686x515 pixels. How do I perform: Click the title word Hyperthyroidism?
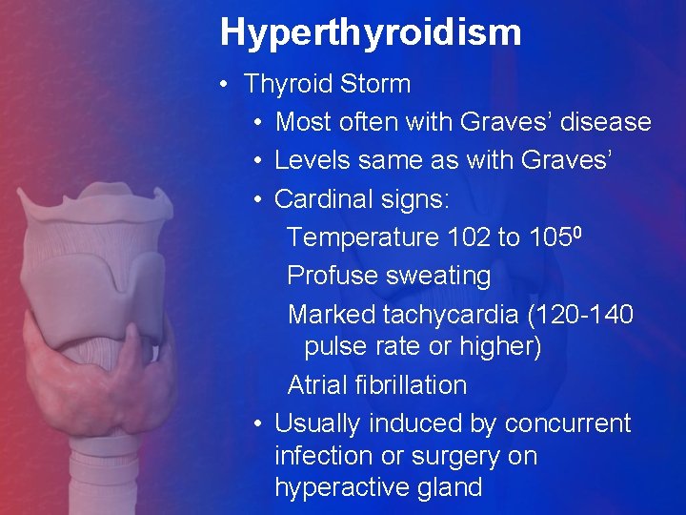(371, 32)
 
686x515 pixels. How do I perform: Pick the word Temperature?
(362, 237)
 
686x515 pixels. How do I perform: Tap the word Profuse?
(333, 276)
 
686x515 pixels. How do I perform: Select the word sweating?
(438, 276)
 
